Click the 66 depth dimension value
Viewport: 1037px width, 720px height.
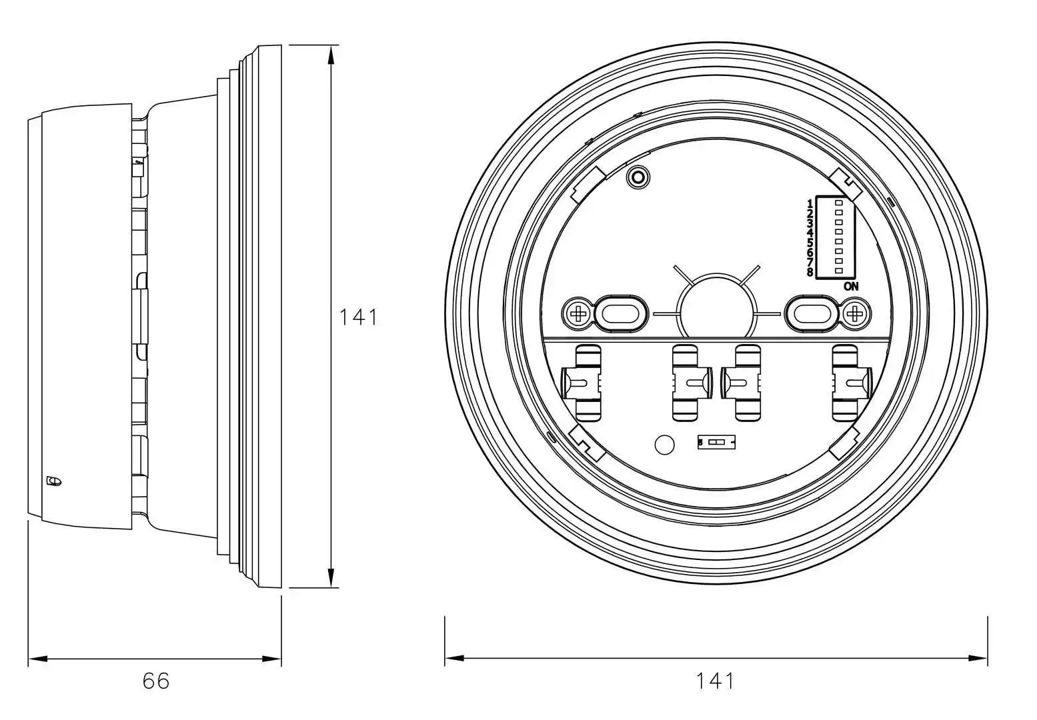coord(156,681)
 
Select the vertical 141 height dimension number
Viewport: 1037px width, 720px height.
coord(358,317)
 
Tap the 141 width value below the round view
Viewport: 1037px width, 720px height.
coord(715,681)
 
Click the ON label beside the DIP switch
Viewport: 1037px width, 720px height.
coord(851,287)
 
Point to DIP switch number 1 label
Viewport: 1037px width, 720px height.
coord(810,203)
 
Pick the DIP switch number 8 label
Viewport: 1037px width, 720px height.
coord(810,272)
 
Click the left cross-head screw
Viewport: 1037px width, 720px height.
coord(578,313)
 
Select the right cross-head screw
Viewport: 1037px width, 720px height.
coord(854,313)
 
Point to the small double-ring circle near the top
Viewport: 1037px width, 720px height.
coord(638,177)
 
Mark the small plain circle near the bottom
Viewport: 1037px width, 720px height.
coord(664,445)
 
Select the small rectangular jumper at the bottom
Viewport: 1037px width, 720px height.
coord(717,442)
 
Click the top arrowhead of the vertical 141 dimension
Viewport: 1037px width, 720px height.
coord(331,53)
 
